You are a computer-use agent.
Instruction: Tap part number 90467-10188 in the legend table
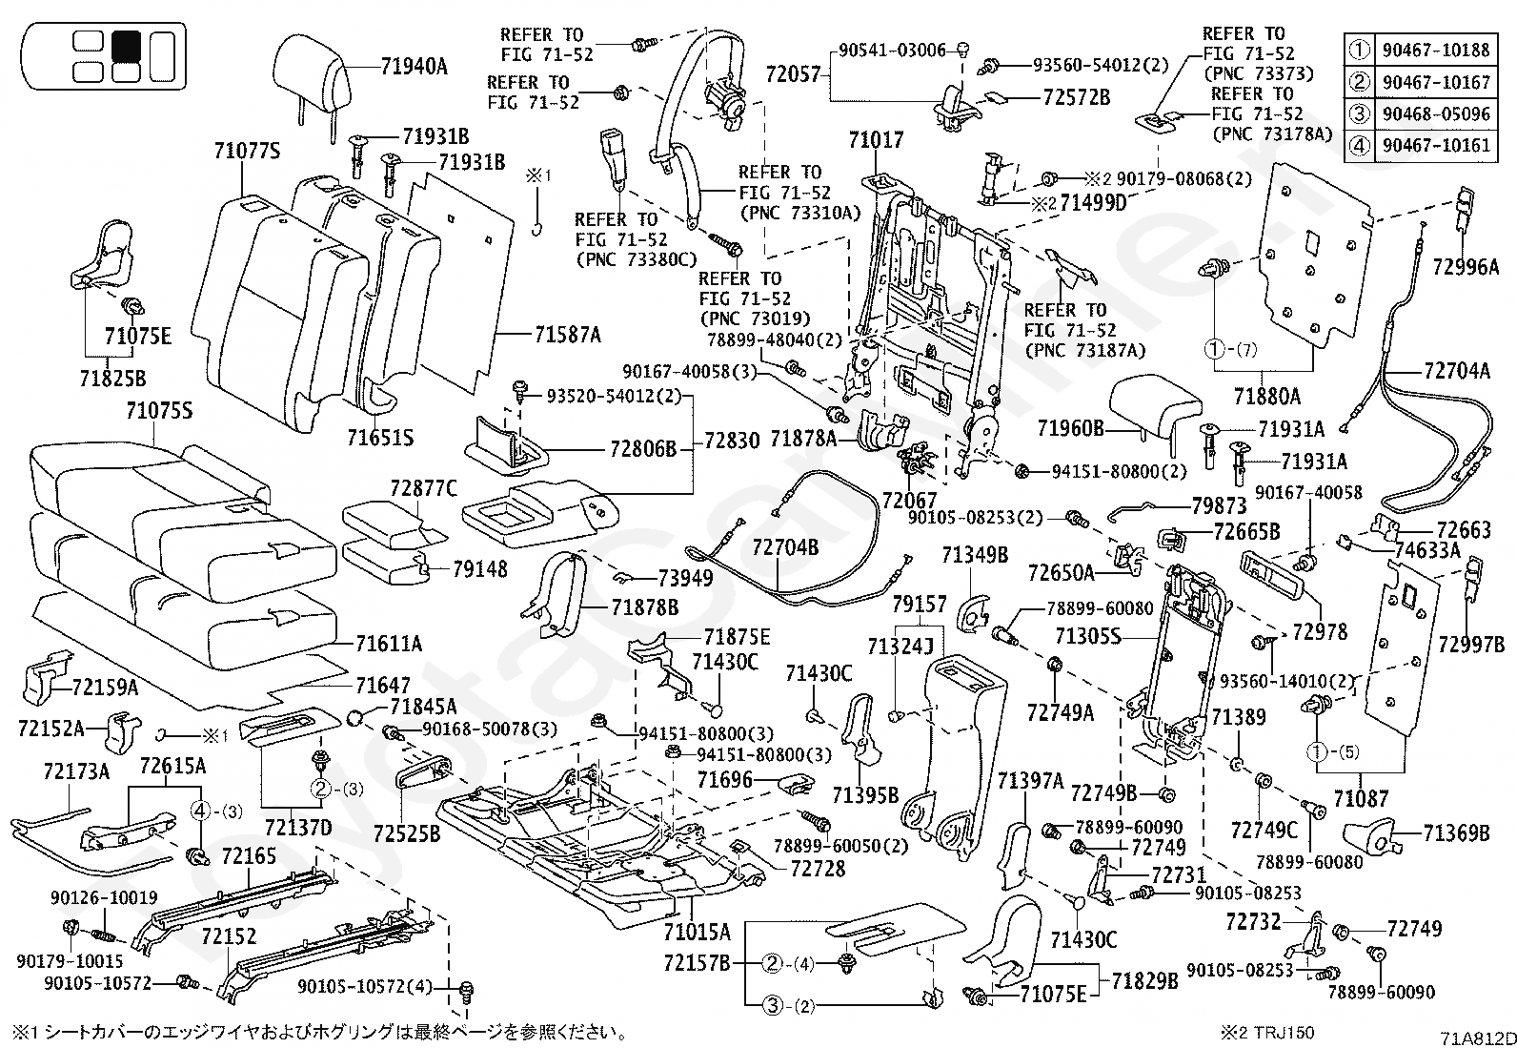(1436, 50)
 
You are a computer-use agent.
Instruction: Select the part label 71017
(877, 139)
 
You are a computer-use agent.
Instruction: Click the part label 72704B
(785, 546)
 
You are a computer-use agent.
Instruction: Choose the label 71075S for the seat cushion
(159, 410)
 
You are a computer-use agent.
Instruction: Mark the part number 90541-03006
(892, 51)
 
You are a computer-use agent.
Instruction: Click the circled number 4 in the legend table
(1359, 146)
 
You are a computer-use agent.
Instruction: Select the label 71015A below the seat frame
(697, 932)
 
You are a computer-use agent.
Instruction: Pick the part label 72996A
(1466, 267)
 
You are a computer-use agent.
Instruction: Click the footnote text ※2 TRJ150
(1267, 1033)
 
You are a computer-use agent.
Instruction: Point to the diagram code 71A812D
(1478, 1038)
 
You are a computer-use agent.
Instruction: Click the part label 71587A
(568, 334)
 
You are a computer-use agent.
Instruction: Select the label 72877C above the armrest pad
(423, 488)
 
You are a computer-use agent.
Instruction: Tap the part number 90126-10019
(104, 897)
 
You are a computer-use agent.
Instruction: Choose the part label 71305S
(1088, 636)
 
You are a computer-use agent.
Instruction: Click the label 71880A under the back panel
(1267, 396)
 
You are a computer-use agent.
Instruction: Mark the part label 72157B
(697, 962)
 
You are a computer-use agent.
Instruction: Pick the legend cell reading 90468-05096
(1436, 113)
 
